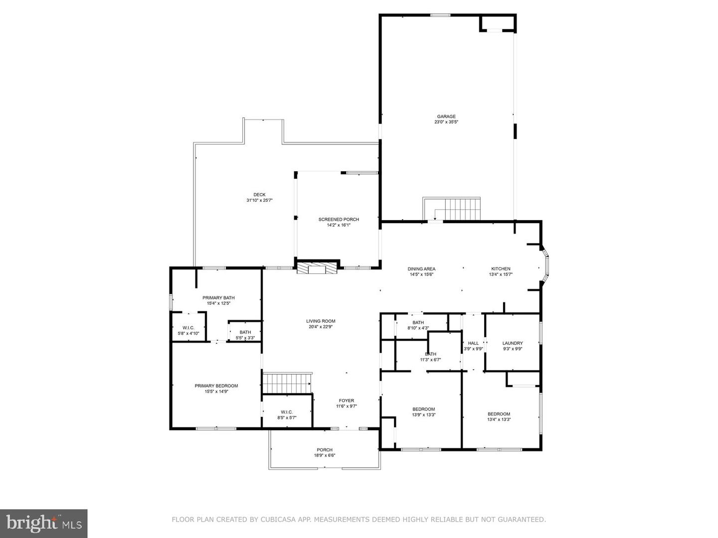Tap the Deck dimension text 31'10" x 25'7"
point(259,201)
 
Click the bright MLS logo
point(43,524)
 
